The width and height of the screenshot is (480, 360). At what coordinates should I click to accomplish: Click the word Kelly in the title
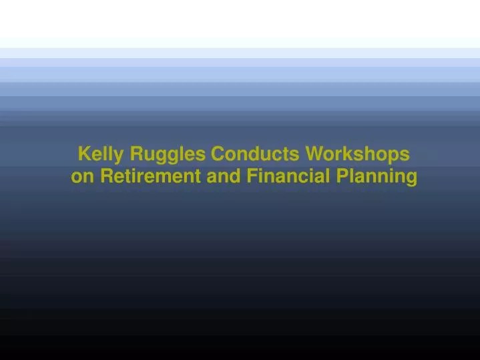click(x=101, y=154)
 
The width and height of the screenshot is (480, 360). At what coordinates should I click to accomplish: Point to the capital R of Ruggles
click(x=136, y=154)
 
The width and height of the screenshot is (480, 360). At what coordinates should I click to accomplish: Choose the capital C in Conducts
click(x=218, y=154)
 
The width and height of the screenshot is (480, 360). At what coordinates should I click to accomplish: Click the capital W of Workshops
click(x=314, y=154)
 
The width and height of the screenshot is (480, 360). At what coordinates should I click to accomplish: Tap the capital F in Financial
click(x=252, y=176)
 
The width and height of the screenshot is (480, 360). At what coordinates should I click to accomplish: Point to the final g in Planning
click(x=411, y=179)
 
